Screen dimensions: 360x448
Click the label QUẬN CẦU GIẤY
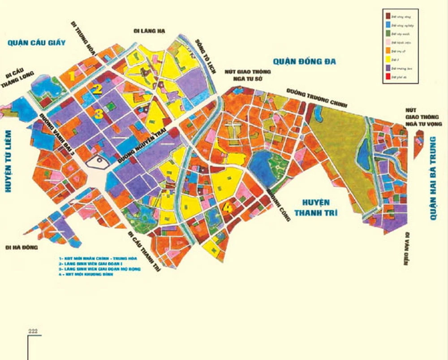point(36,43)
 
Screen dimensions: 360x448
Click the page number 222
point(33,331)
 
